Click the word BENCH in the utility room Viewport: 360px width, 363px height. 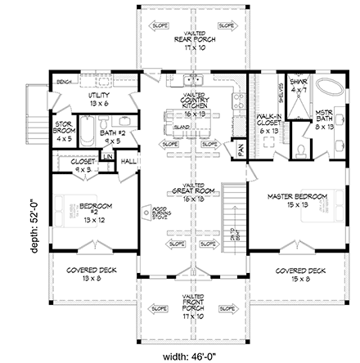tap(62, 82)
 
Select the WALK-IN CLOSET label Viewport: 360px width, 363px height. tap(268, 123)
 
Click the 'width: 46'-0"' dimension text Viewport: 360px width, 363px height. tap(191, 356)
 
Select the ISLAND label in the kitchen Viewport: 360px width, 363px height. tap(182, 128)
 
